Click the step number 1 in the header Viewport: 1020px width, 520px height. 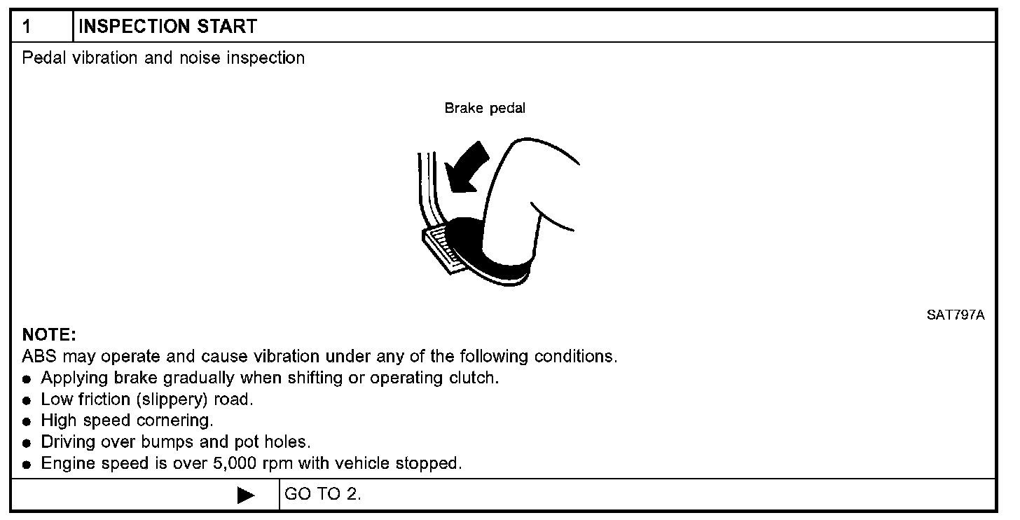[27, 27]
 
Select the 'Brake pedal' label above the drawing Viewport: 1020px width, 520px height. [485, 109]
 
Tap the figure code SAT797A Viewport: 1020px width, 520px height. [956, 315]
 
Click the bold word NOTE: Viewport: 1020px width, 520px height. [48, 334]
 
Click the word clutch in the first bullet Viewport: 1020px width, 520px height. [473, 378]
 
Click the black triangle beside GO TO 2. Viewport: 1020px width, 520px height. [246, 495]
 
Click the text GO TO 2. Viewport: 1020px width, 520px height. [323, 495]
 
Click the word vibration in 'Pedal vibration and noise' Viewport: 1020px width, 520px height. [105, 58]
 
